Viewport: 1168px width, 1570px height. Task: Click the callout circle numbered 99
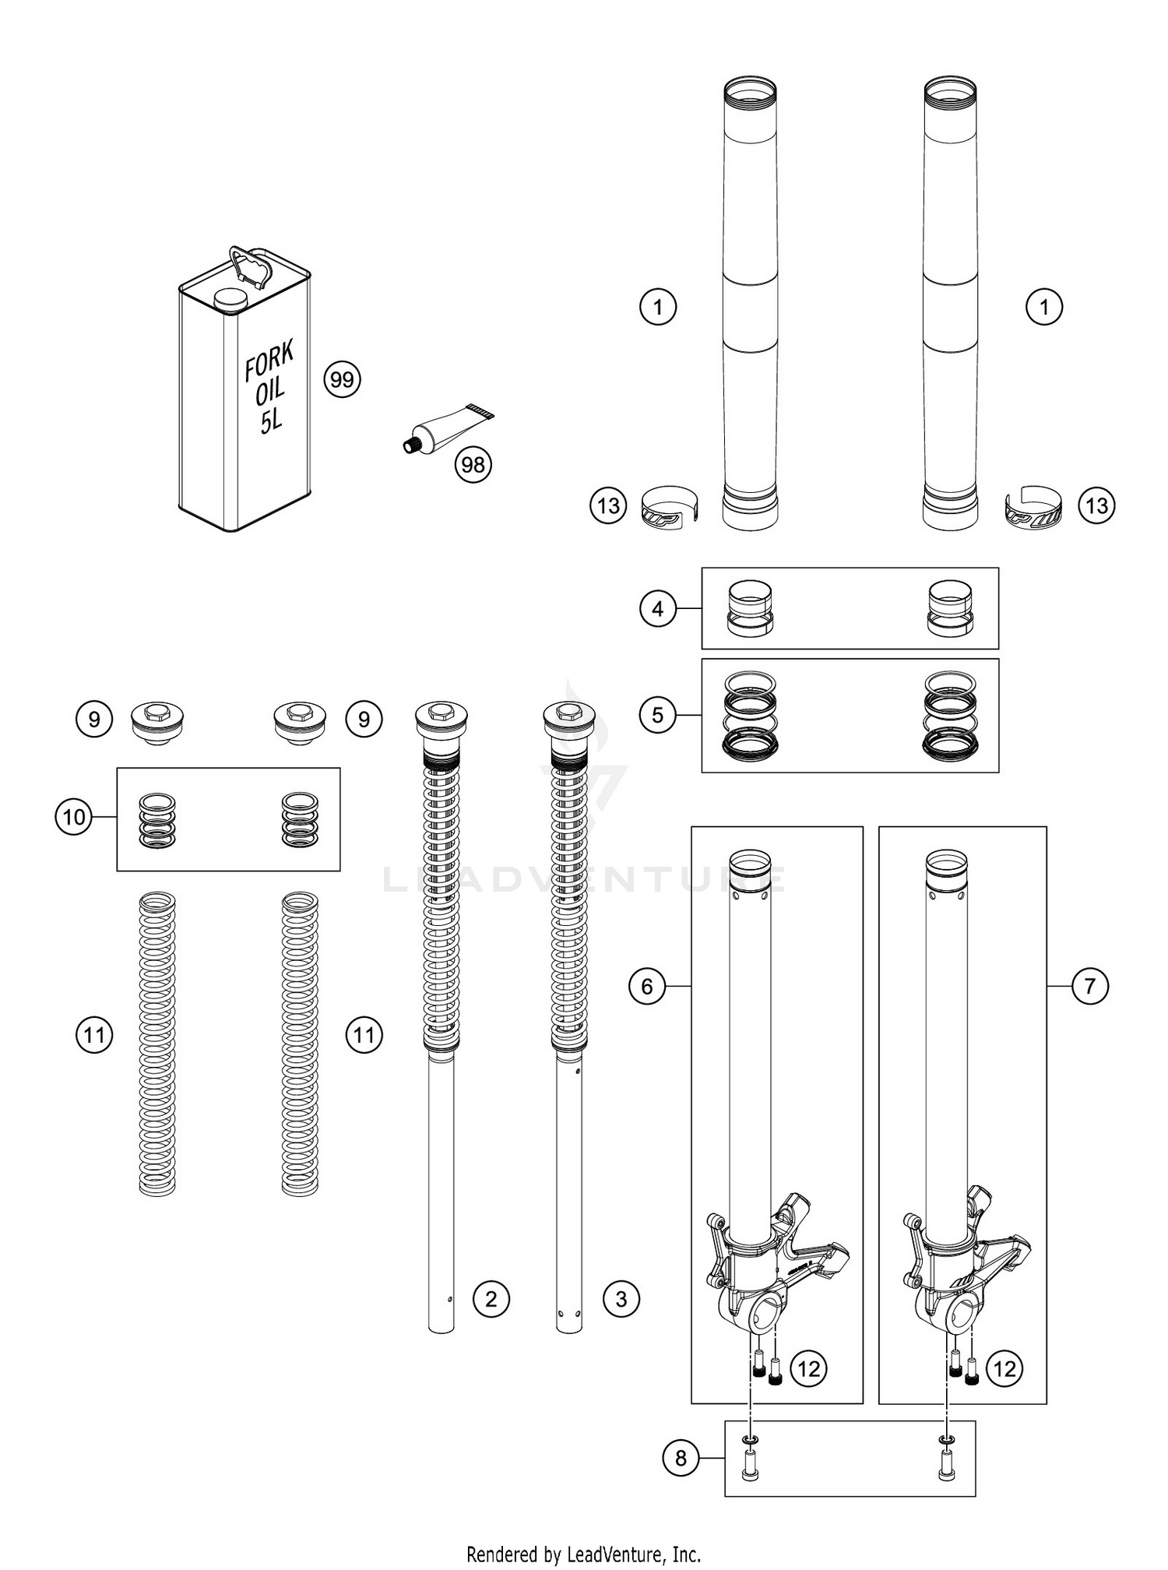pos(342,380)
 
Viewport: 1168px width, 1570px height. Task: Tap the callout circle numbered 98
pos(473,465)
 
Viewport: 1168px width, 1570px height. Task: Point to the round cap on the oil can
pos(229,297)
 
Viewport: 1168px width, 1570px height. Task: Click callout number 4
pos(658,608)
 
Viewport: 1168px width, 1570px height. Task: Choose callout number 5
pos(658,714)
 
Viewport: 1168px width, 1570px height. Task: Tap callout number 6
pos(647,987)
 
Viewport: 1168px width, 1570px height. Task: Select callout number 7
pos(1089,986)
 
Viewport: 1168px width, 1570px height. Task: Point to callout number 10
pos(74,817)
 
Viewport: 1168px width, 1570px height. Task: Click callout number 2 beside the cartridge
pos(491,1299)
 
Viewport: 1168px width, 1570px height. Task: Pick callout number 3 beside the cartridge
pos(621,1299)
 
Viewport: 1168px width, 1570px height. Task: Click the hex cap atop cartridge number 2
pos(441,711)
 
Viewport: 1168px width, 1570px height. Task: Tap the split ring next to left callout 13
pos(670,507)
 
